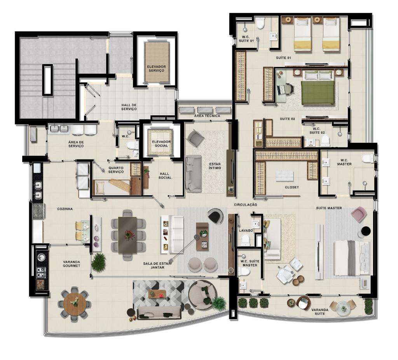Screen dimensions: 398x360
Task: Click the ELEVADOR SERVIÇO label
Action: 156,68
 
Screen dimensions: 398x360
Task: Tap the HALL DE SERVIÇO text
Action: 129,107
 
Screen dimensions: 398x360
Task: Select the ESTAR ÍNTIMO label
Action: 215,166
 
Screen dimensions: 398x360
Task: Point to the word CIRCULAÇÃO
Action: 246,204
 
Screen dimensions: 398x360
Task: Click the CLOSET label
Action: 292,187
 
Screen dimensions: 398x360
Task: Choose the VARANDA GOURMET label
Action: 72,264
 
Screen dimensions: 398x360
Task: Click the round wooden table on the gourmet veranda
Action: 75,304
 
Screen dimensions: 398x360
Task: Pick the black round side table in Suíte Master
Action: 366,231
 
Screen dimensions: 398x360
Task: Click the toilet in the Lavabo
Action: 246,240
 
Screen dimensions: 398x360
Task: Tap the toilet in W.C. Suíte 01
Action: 260,23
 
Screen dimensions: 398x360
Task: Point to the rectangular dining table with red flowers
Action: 127,235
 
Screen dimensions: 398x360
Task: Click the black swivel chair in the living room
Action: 215,216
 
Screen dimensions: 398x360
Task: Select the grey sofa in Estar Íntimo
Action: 194,173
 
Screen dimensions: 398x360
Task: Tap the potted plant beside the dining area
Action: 99,262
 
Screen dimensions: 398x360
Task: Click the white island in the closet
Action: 285,176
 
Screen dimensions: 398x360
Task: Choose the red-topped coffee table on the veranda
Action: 157,294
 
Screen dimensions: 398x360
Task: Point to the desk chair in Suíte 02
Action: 289,89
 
